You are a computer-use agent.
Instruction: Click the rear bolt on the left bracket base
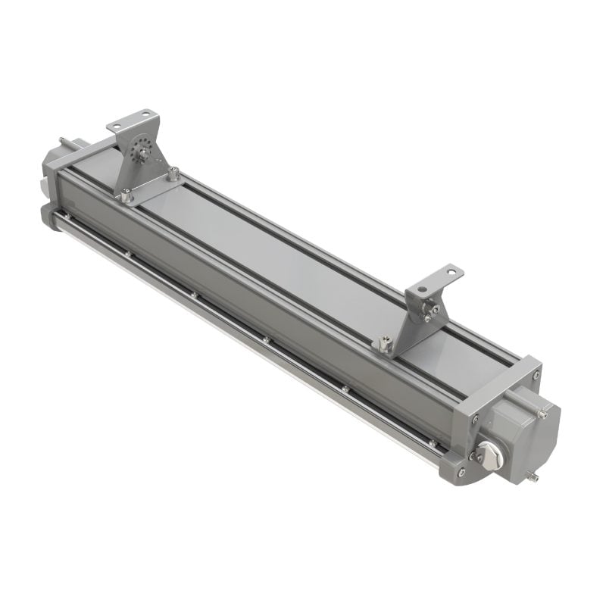(x=174, y=173)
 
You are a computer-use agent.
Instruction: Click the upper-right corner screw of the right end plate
(x=536, y=375)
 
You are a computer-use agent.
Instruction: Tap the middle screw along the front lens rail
(x=266, y=339)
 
